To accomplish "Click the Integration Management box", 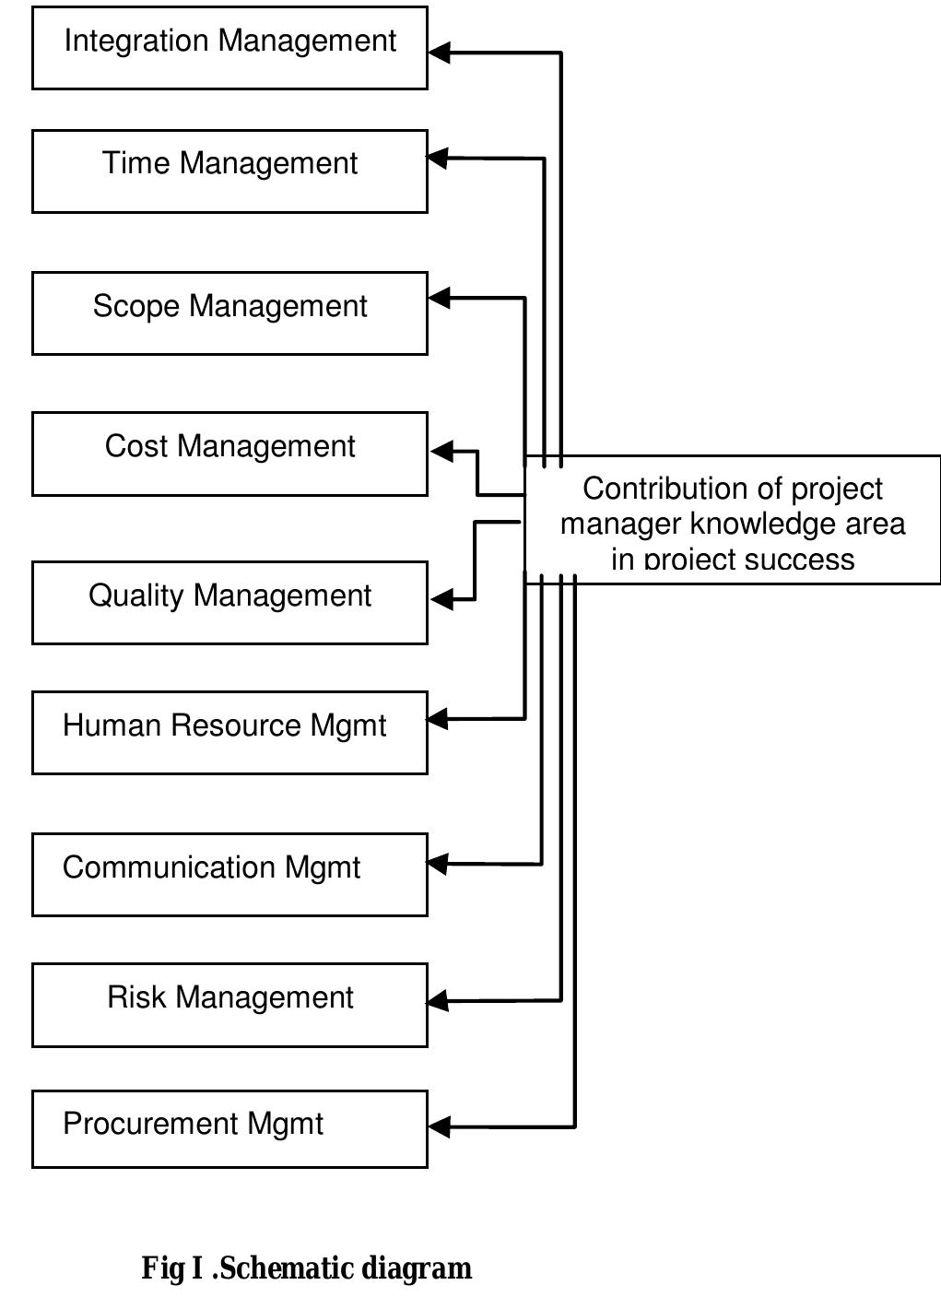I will click(229, 48).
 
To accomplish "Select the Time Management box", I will click(229, 171).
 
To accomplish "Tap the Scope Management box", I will click(229, 313).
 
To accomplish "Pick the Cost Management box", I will click(229, 454).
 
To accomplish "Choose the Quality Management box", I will click(229, 602).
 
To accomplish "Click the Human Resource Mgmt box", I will click(229, 732).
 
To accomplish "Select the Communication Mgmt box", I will click(229, 874).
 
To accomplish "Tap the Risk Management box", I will click(229, 1005).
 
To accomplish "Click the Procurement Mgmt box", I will click(229, 1128).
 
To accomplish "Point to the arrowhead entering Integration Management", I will click(440, 53).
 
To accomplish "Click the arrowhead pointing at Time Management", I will click(438, 159).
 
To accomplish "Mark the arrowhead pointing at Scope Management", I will click(440, 298).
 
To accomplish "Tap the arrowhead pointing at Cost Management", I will click(442, 451).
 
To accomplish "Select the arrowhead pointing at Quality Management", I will click(442, 599).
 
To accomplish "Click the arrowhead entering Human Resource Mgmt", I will click(438, 718).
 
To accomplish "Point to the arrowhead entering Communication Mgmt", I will click(438, 864).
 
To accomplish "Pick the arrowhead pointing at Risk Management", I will click(438, 1000).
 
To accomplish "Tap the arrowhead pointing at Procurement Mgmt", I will click(440, 1126).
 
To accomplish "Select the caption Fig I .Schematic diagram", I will click(306, 1268).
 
